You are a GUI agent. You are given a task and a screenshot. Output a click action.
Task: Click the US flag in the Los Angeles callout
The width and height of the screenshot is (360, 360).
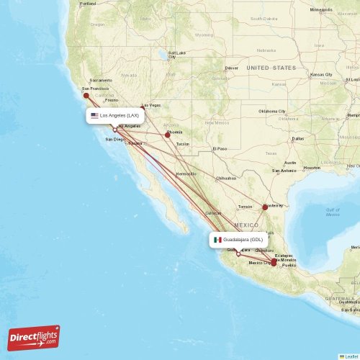click(94, 115)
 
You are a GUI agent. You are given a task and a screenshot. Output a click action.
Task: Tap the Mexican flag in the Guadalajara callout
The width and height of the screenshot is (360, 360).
click(217, 239)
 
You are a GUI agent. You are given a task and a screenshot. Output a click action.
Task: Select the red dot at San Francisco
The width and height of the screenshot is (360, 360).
click(86, 95)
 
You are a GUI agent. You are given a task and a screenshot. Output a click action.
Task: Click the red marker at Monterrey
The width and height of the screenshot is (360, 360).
click(264, 207)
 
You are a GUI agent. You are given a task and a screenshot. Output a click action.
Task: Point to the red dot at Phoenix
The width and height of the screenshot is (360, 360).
click(168, 134)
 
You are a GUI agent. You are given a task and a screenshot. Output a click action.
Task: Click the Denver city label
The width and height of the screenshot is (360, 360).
click(231, 68)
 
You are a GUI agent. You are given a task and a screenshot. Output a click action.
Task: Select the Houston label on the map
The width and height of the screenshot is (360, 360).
click(312, 168)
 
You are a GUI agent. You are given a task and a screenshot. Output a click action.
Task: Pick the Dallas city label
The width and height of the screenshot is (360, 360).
click(298, 138)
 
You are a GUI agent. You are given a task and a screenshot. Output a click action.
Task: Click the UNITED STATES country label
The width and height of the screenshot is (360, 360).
click(271, 68)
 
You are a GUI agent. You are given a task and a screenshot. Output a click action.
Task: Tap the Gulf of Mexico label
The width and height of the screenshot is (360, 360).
click(332, 211)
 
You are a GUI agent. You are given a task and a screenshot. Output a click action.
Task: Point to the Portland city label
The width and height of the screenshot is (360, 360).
click(87, 4)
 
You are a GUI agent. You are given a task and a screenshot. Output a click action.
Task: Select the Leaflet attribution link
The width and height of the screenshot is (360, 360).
click(351, 356)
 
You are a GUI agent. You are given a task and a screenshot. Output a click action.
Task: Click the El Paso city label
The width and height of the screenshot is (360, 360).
click(219, 149)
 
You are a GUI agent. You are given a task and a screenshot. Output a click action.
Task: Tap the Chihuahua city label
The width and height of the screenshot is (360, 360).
click(226, 178)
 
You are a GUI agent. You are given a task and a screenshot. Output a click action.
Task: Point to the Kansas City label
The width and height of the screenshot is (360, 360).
click(321, 75)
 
